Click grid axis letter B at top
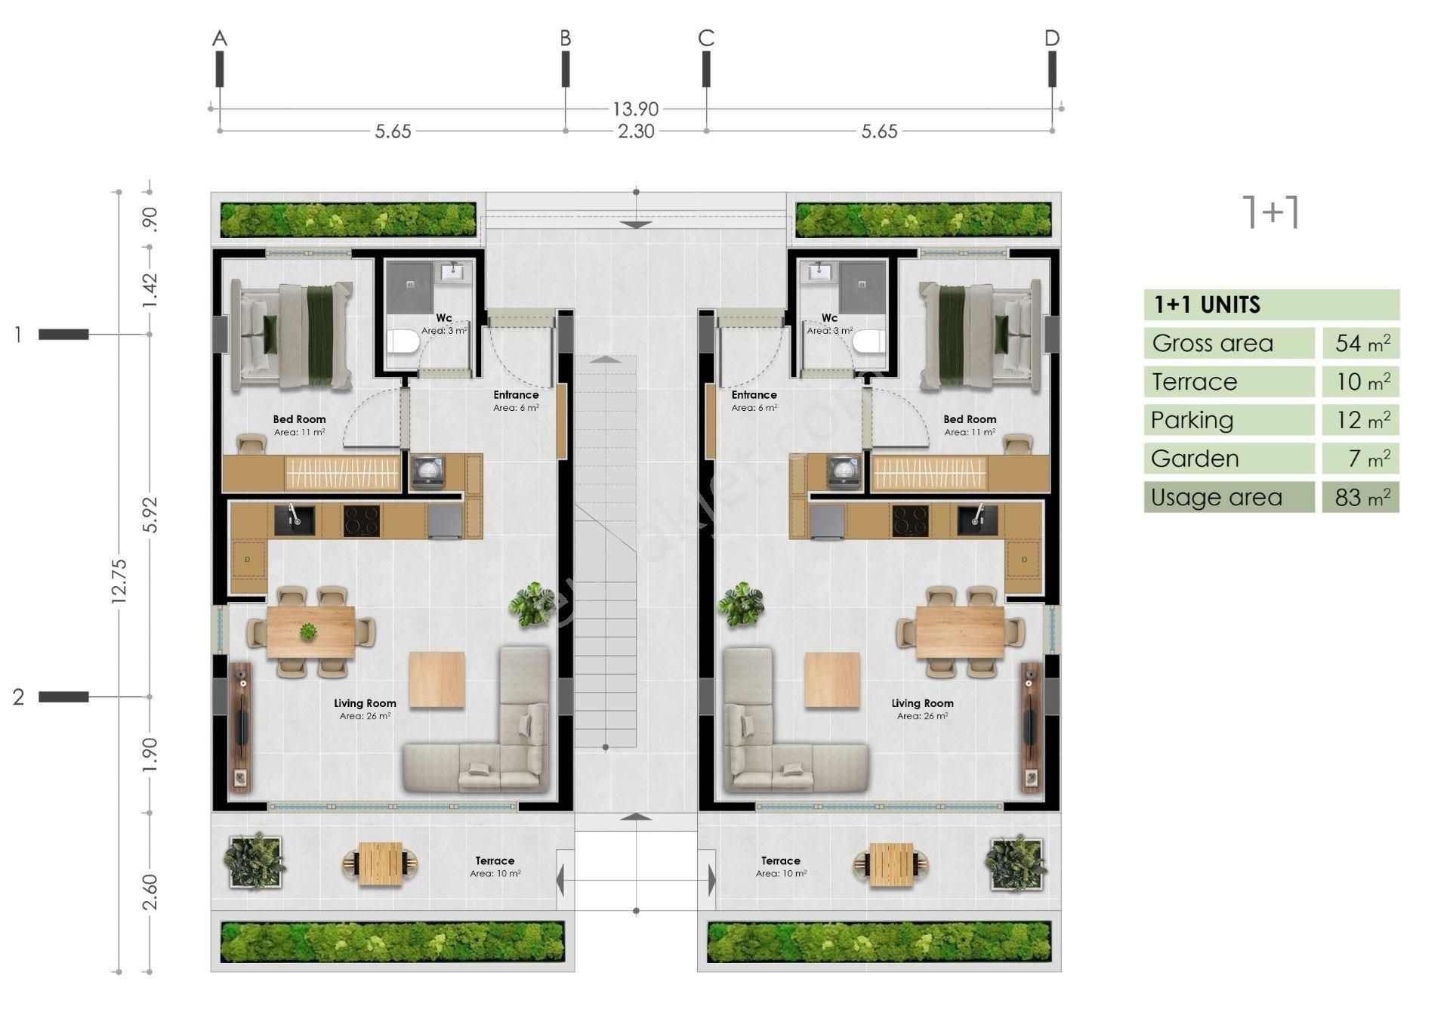pos(565,38)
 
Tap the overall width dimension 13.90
pos(635,110)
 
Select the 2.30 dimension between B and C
pos(635,131)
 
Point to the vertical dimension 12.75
pos(119,580)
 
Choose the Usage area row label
pos(1216,497)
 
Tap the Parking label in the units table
pos(1192,420)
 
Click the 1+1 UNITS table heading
pos(1207,305)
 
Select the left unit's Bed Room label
pos(299,419)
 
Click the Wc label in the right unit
pos(829,318)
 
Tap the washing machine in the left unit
pos(428,471)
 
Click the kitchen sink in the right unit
pos(977,520)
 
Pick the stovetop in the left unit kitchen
pos(362,520)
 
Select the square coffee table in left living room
pos(437,679)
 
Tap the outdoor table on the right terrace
pos(891,864)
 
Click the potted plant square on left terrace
pos(255,861)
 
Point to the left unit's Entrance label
pos(516,395)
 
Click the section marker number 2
pos(19,696)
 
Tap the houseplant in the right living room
pos(739,604)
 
